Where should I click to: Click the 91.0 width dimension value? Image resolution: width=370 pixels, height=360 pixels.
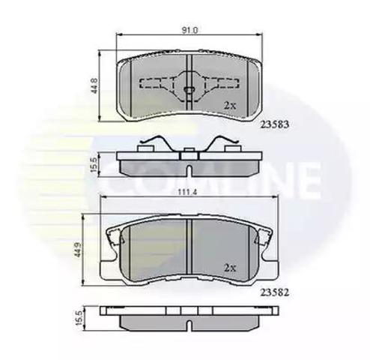point(190,31)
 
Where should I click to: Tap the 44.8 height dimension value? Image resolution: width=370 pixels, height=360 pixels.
point(94,85)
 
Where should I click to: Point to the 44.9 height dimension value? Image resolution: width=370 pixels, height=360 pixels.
point(79,249)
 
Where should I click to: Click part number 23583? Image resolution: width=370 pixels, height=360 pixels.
point(275,124)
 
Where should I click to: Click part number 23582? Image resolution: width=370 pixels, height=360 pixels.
point(275,292)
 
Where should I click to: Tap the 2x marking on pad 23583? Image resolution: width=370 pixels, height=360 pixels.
point(230,106)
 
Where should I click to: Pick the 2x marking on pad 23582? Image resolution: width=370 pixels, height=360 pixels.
point(230,268)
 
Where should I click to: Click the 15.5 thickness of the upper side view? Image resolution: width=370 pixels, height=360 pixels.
point(94,165)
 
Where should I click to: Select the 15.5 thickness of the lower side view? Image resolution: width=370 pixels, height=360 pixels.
point(79,318)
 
